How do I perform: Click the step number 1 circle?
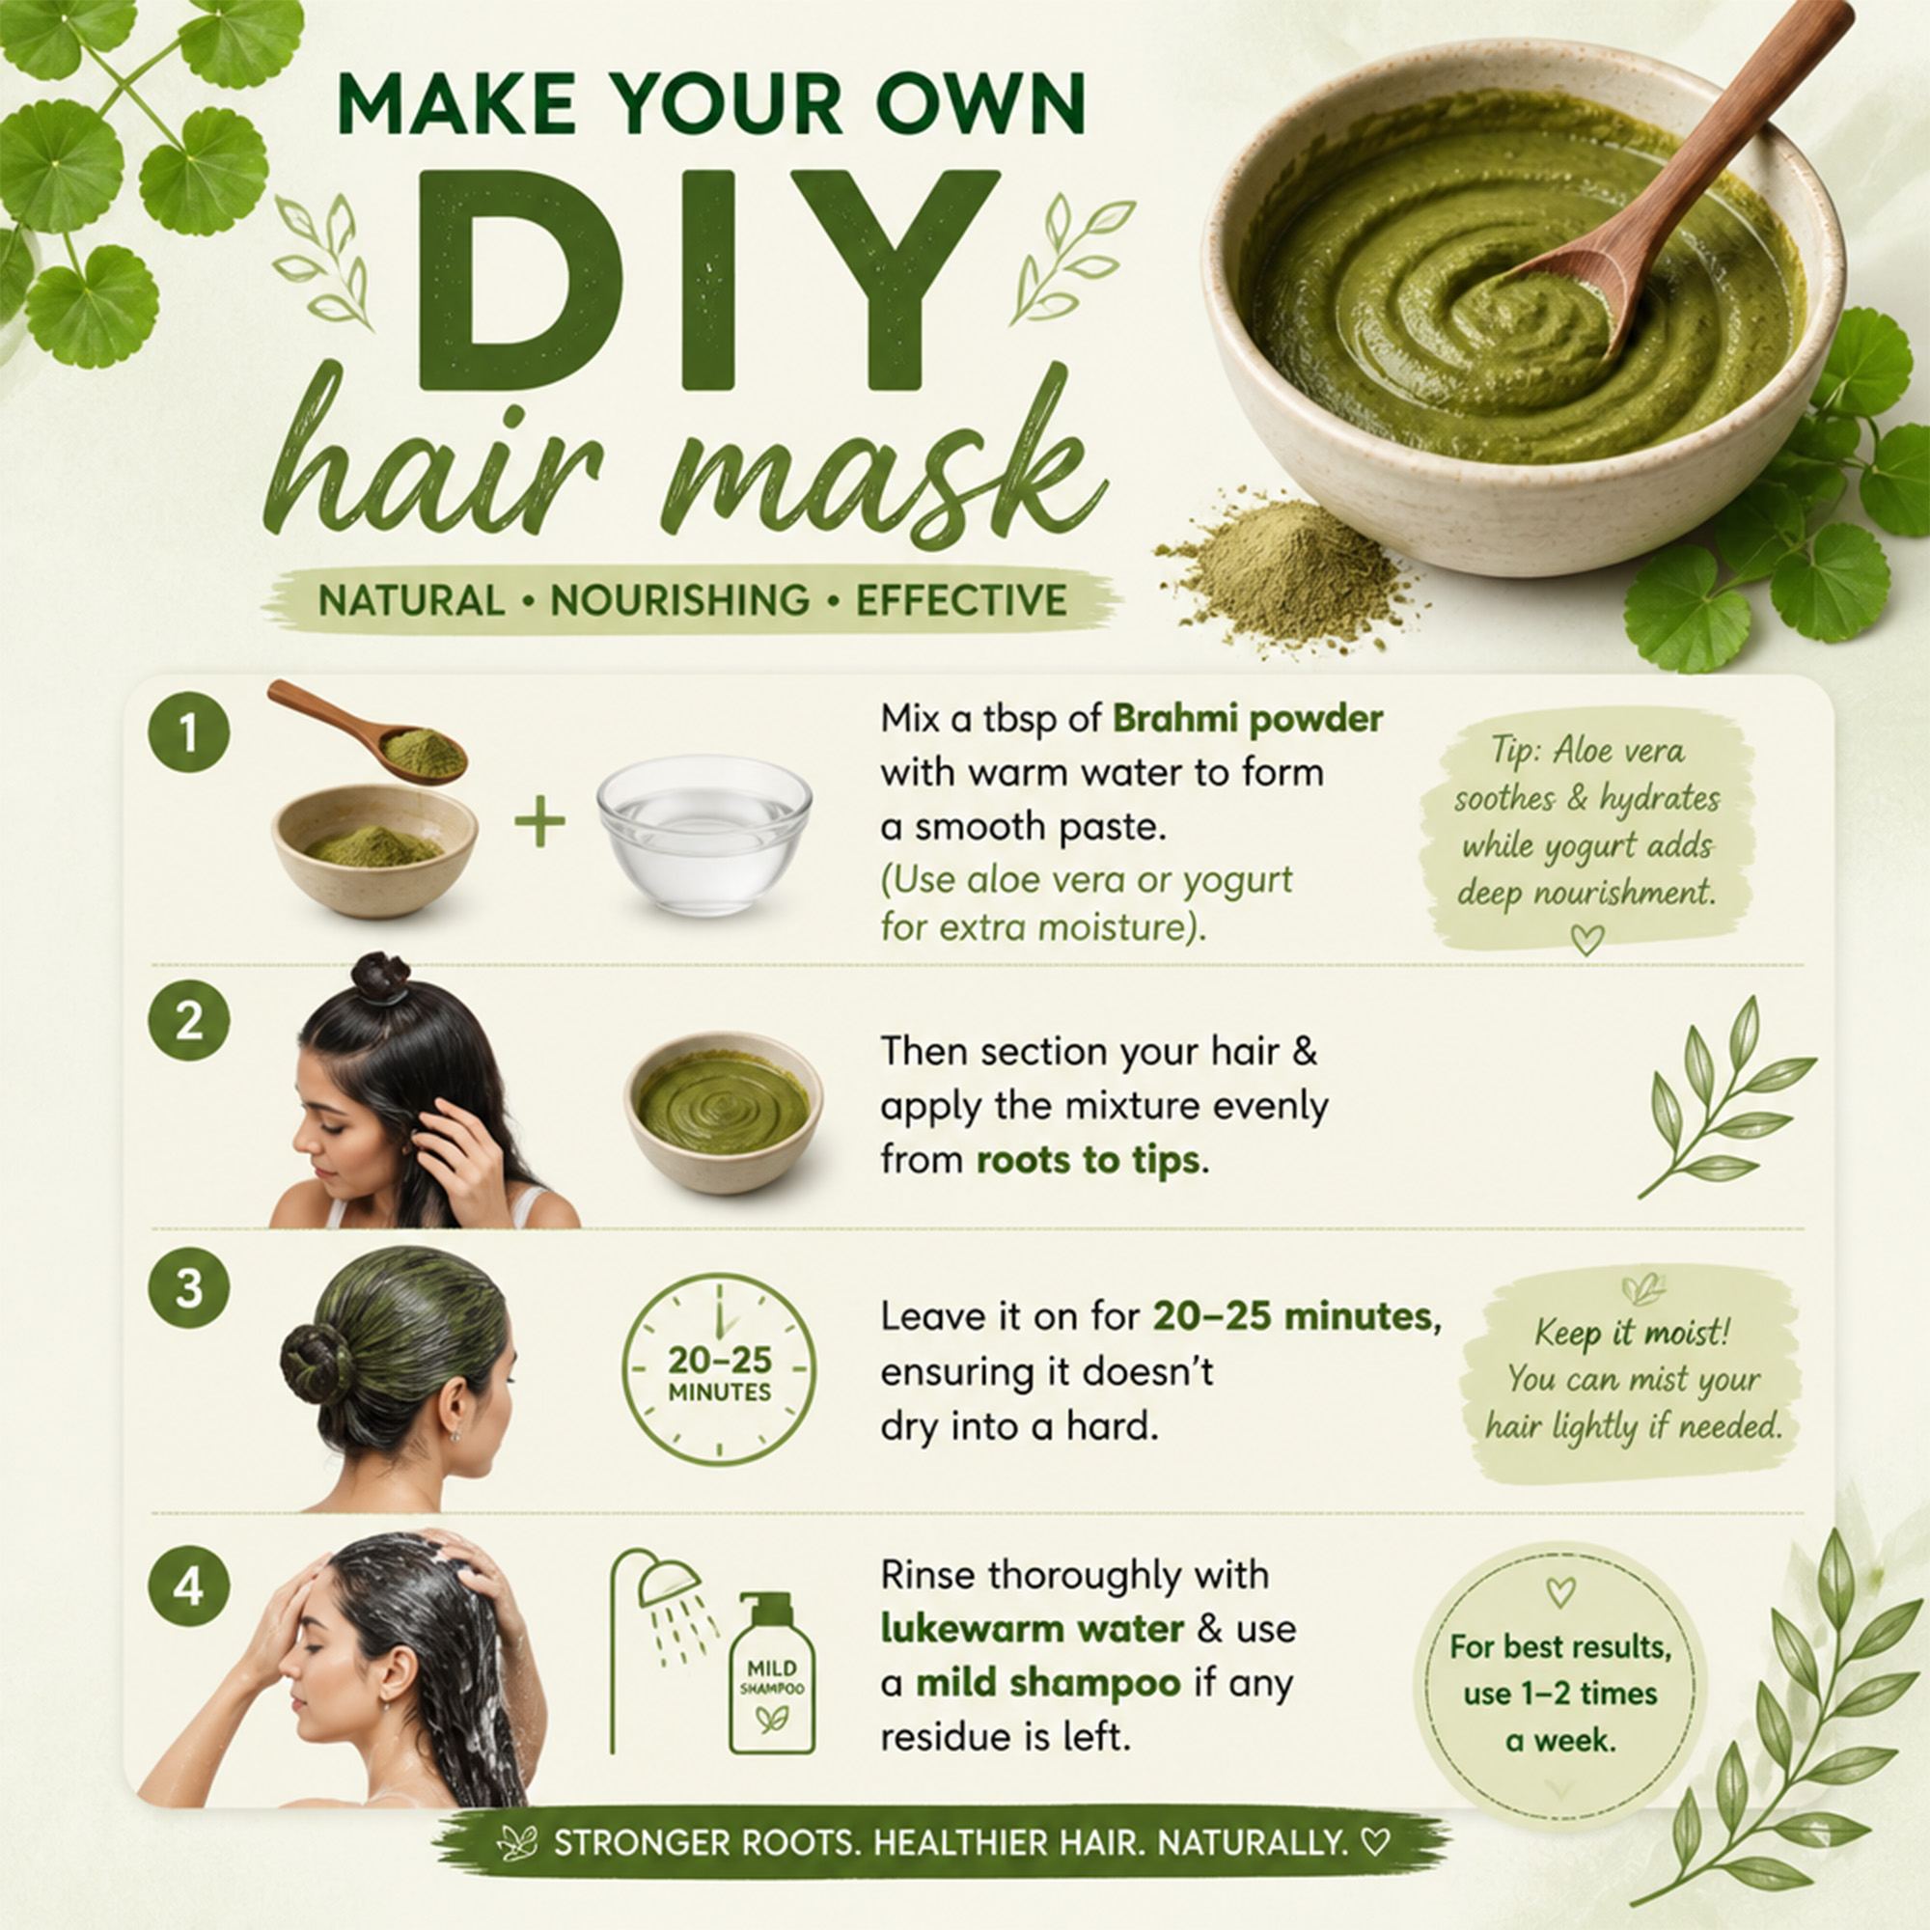point(189,734)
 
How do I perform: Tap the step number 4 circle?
point(189,1586)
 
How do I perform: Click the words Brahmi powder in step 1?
point(1248,719)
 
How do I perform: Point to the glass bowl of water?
point(704,834)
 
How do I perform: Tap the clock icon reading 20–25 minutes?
point(718,1369)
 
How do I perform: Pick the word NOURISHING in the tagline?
point(680,600)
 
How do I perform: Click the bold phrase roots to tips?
point(1089,1161)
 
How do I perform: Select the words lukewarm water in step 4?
point(1032,1629)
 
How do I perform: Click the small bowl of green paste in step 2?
point(723,1111)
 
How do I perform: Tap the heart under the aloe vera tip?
point(1587,939)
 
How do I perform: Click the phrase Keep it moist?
point(1631,1332)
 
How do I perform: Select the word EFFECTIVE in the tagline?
point(961,600)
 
